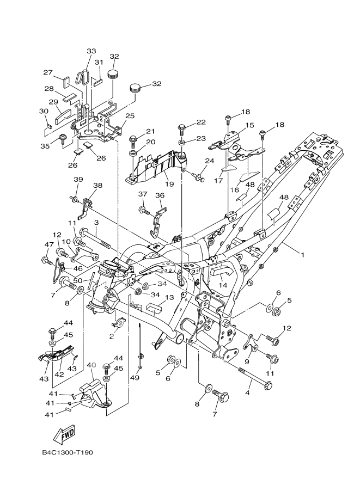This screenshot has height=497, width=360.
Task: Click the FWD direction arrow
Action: point(64,434)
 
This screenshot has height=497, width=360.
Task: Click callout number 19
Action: point(169,185)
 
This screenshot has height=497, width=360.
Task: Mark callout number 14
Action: point(223,284)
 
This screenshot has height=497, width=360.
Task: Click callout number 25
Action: point(130,116)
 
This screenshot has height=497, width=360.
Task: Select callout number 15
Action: point(249,125)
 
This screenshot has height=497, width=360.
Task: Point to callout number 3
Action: point(95,223)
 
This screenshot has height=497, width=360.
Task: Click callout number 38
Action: point(97,186)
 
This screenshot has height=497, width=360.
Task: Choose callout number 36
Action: point(160,195)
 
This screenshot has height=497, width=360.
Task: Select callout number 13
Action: point(169,297)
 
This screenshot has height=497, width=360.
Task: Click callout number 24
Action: point(209,161)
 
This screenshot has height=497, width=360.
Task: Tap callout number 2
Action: point(111,336)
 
